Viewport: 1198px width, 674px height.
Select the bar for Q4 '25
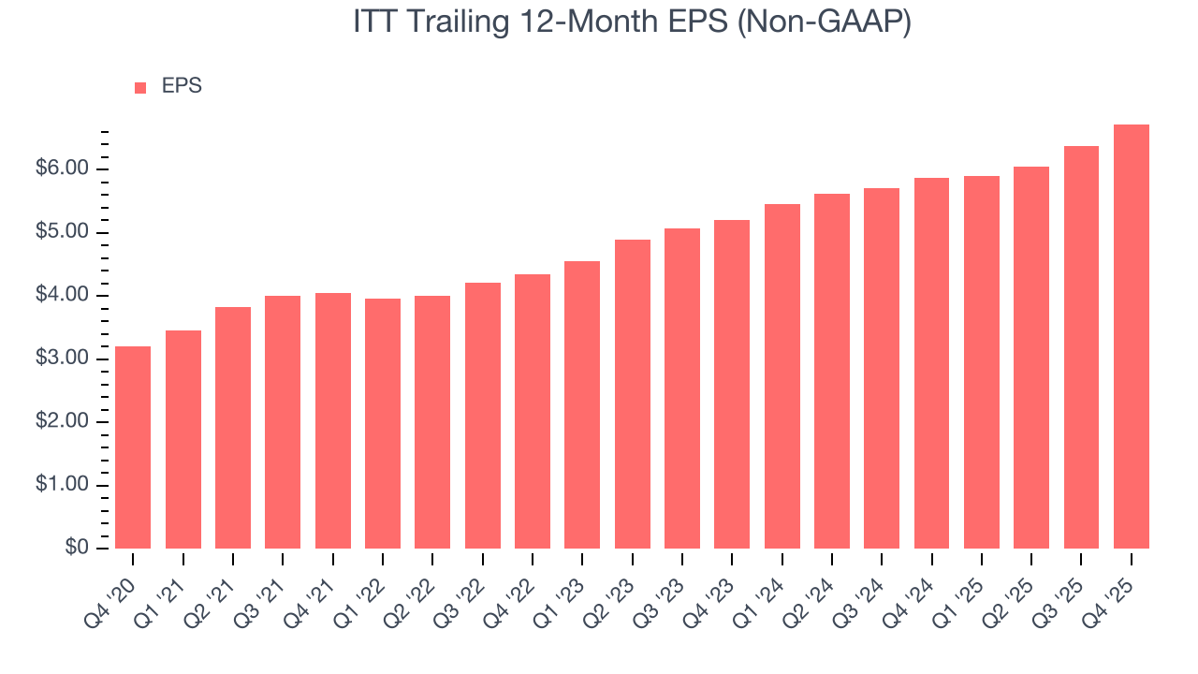(x=1131, y=337)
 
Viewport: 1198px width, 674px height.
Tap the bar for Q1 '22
(x=383, y=423)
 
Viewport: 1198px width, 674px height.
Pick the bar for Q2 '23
(x=632, y=394)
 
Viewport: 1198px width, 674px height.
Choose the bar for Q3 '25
(x=1081, y=347)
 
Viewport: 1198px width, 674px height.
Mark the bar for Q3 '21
(x=283, y=422)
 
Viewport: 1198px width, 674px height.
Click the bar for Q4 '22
(x=533, y=411)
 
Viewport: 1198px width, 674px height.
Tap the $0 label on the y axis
(x=78, y=549)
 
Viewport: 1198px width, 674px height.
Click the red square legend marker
(x=140, y=87)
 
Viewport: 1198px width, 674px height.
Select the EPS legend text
(x=182, y=86)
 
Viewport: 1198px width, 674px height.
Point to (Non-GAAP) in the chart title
(x=825, y=22)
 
